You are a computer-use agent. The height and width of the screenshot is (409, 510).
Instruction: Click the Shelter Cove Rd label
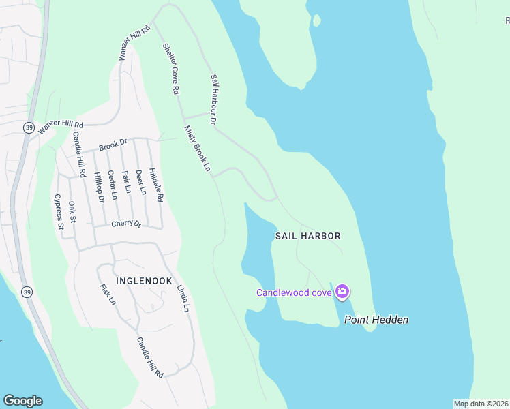pos(170,68)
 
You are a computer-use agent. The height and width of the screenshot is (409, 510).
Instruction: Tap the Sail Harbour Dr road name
pos(213,100)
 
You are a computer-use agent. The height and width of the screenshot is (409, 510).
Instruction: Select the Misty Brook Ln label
pos(197,148)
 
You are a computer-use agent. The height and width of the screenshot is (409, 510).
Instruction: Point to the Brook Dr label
pos(113,145)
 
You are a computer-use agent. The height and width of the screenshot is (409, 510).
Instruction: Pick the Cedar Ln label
pos(112,184)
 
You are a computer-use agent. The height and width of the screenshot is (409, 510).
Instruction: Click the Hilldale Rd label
pos(157,185)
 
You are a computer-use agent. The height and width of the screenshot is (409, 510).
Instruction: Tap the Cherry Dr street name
pos(126,224)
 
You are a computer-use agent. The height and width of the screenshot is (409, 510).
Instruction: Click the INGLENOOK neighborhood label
pos(142,280)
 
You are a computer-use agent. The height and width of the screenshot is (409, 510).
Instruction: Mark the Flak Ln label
pos(108,294)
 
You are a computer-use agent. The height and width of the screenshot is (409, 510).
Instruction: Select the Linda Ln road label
pos(182,298)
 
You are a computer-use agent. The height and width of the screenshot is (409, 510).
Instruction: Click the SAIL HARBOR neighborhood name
pos(307,235)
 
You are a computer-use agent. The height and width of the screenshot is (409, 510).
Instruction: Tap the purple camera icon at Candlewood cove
pos(342,292)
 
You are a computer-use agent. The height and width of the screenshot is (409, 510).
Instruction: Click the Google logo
pos(22,401)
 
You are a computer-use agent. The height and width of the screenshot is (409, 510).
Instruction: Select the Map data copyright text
pos(481,403)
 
